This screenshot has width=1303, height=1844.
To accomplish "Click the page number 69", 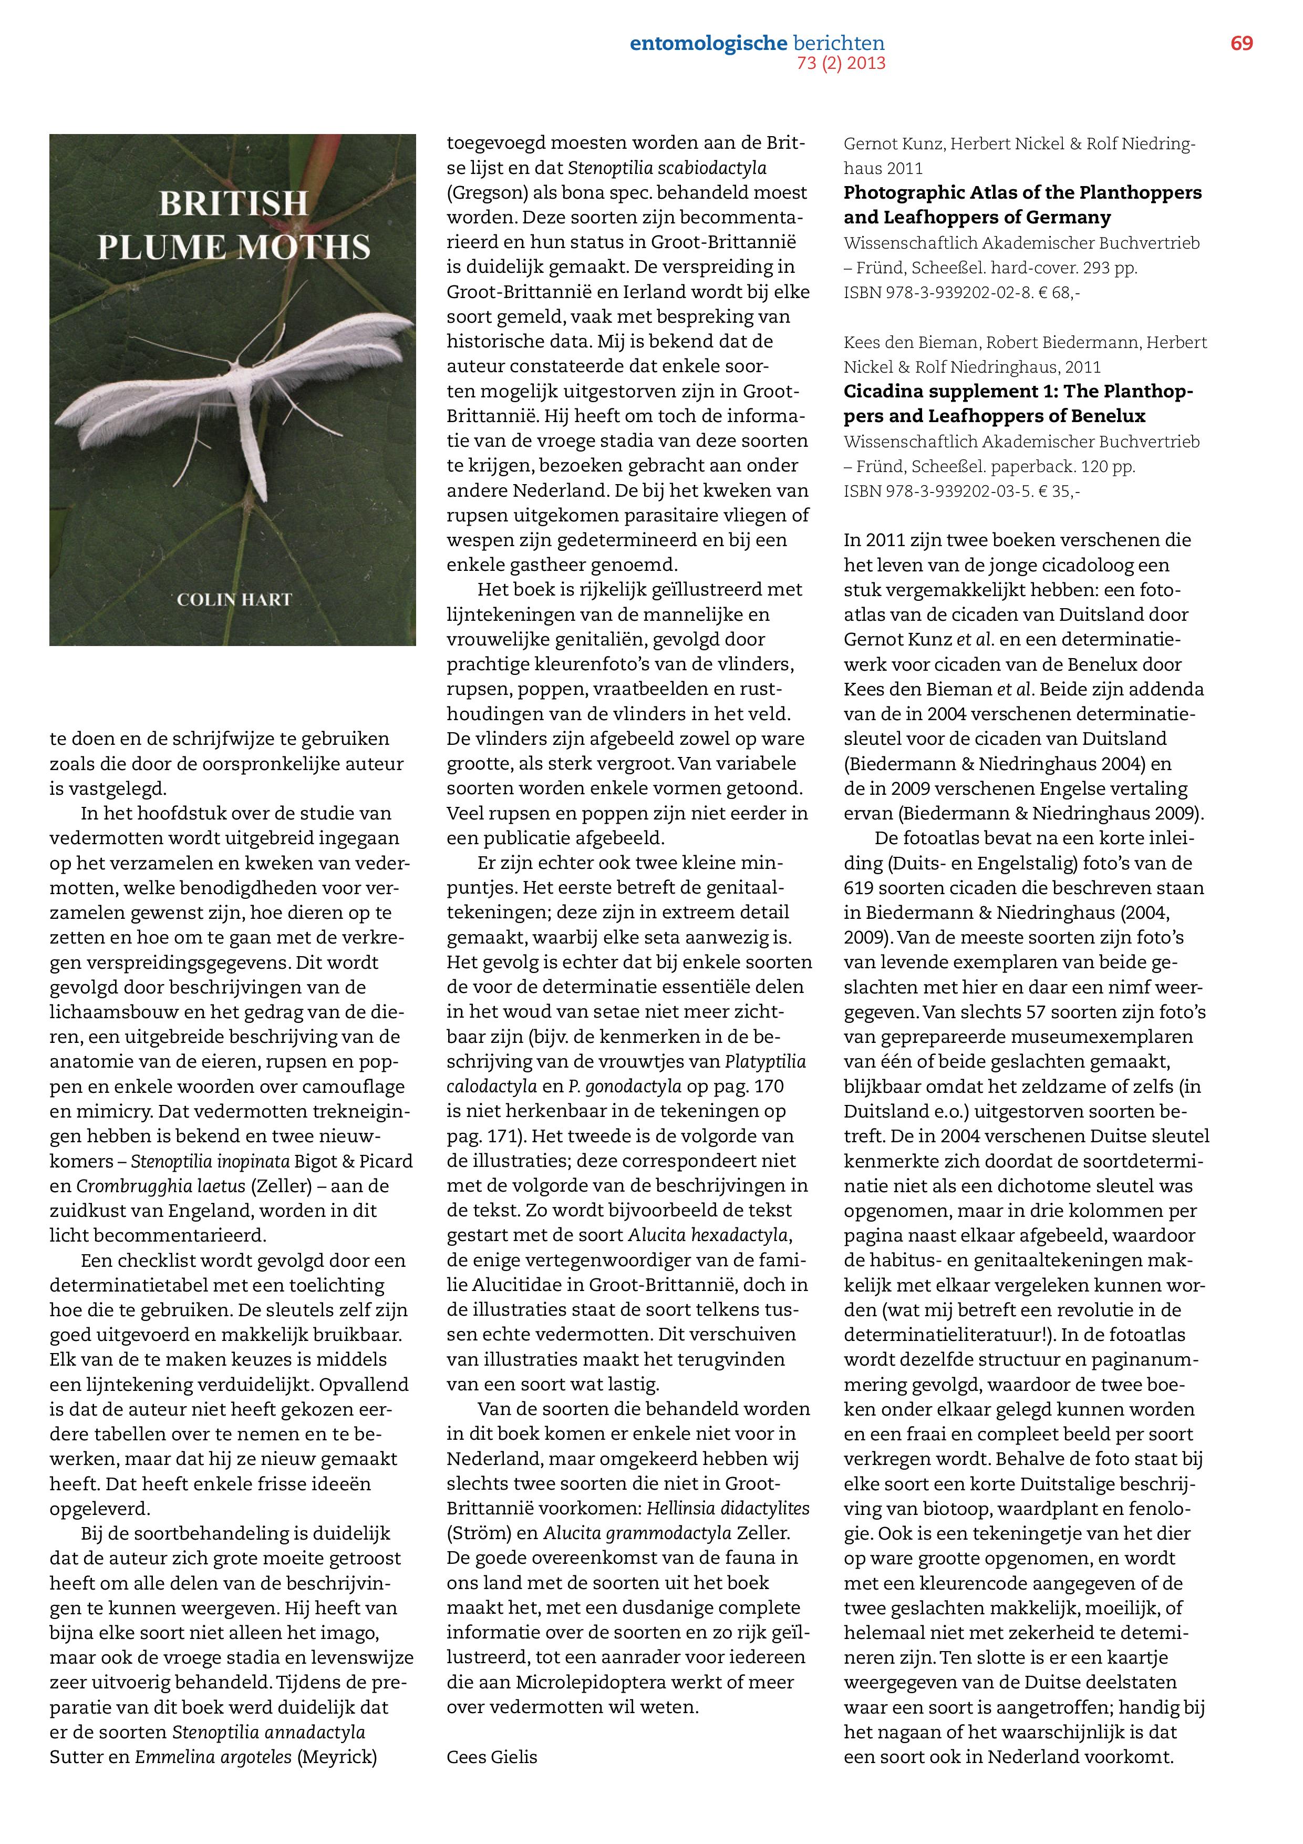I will pos(1241,44).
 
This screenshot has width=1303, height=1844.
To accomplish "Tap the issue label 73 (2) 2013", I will pos(841,64).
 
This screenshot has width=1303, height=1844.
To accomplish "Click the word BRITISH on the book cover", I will pos(233,203).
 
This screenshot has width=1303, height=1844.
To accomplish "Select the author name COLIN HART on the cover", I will pos(234,599).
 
